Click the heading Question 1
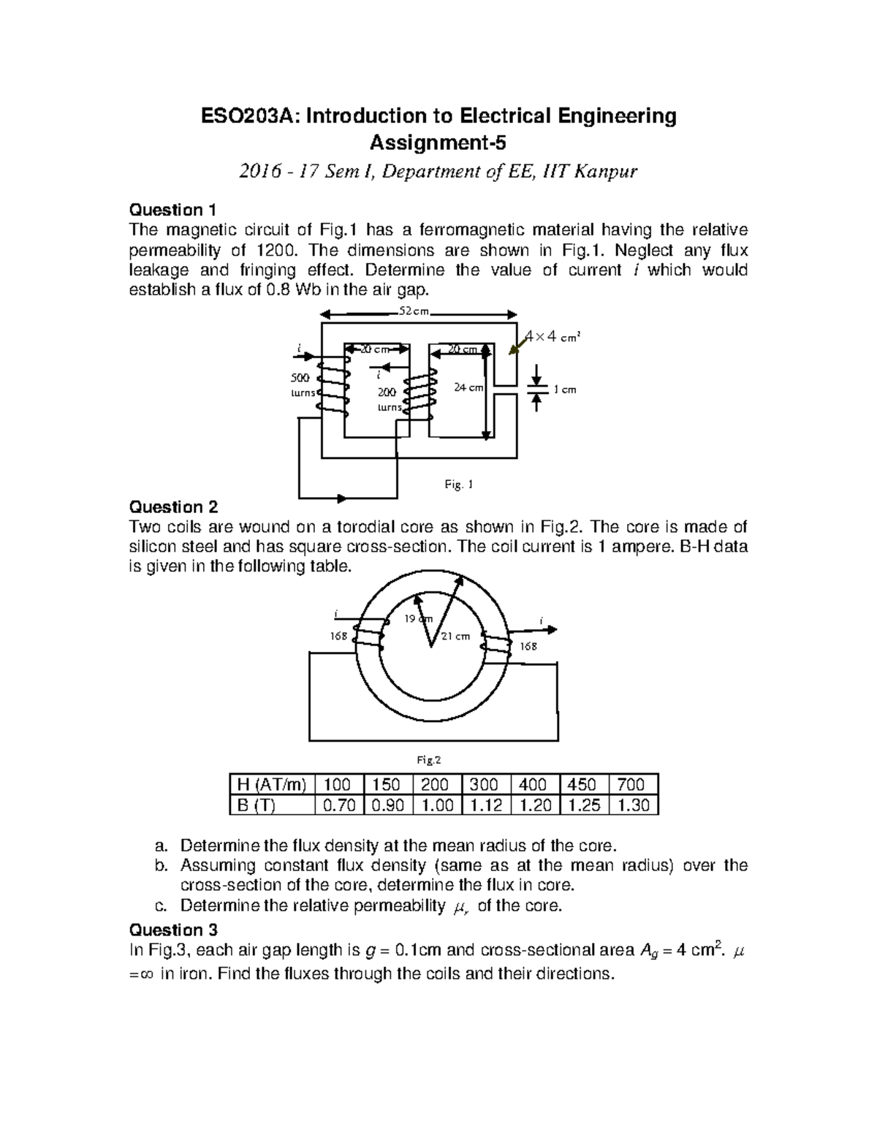coord(172,210)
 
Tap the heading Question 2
coord(173,507)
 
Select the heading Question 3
coord(173,930)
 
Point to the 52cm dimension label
coord(414,311)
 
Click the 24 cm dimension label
coord(468,387)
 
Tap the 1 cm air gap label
coord(565,390)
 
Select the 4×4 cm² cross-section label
coord(553,337)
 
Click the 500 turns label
coord(301,385)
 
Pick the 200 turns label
coord(388,400)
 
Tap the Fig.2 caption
coord(429,760)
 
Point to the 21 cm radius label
coord(456,636)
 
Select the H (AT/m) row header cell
coord(270,785)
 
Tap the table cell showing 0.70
coord(338,805)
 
